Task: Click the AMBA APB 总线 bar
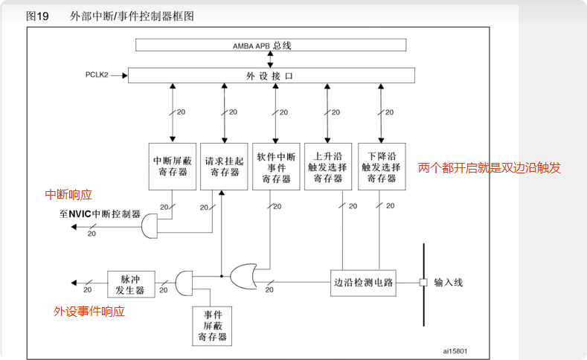pos(272,45)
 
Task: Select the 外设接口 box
pos(272,75)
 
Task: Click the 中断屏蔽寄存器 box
pos(172,165)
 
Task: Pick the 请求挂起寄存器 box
pos(224,165)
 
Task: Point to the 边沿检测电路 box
pos(364,283)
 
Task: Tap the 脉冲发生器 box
pos(130,283)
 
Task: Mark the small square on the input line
pos(423,283)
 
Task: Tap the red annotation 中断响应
pos(68,195)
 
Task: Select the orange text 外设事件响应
pos(89,312)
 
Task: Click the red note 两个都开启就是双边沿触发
pos(489,168)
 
